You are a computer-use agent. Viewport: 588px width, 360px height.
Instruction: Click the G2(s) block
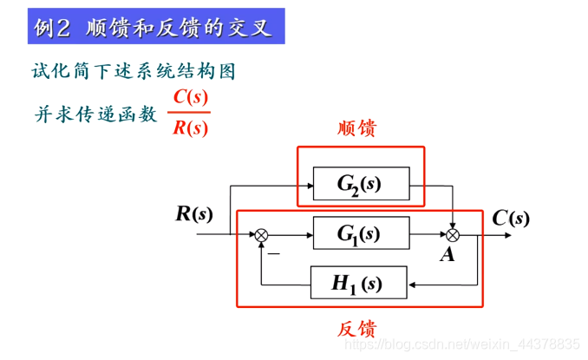point(360,183)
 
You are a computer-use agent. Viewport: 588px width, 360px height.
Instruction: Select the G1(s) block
point(360,233)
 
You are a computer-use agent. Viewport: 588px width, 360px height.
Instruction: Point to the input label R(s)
point(193,213)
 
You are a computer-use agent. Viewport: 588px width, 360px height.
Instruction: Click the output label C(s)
point(511,218)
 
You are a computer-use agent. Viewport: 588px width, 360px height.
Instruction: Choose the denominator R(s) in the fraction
point(189,128)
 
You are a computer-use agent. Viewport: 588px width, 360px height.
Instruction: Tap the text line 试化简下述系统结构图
point(134,71)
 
